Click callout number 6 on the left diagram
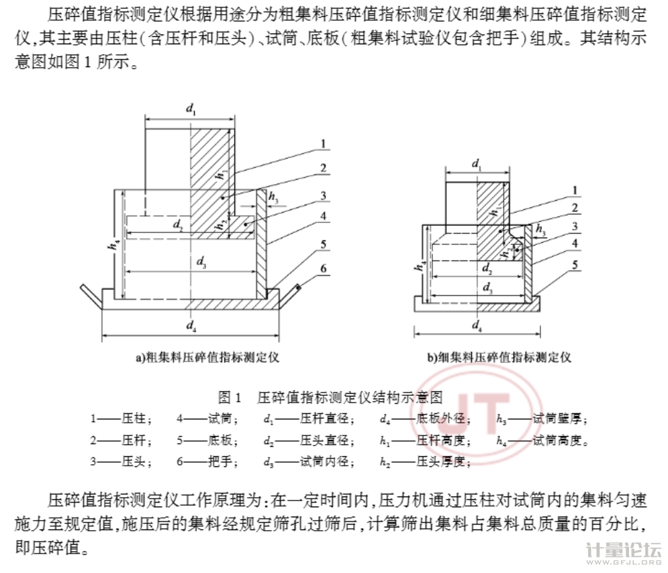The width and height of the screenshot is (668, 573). click(323, 269)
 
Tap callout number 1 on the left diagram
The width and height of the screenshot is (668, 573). click(323, 143)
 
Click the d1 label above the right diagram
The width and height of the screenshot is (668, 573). click(476, 164)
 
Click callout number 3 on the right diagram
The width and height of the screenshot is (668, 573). click(575, 226)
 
